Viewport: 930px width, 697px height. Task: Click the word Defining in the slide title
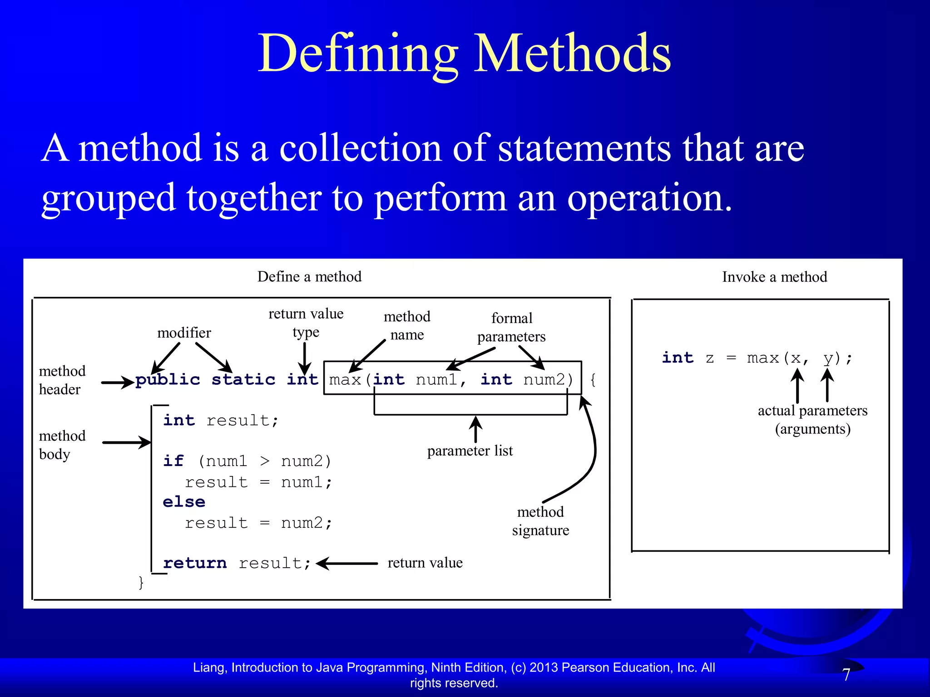click(358, 54)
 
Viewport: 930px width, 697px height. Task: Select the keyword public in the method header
click(168, 379)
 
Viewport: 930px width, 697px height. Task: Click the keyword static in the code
click(243, 379)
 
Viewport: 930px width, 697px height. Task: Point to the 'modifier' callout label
click(184, 333)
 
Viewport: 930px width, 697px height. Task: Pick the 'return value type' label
click(306, 323)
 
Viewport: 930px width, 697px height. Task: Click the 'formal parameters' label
click(511, 327)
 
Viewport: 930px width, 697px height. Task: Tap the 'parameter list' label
click(470, 451)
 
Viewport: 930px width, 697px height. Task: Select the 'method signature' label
click(540, 521)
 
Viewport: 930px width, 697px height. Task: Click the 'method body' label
click(62, 445)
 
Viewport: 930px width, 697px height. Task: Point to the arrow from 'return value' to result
click(347, 564)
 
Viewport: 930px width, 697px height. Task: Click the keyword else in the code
click(184, 502)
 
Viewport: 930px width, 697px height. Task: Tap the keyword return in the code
click(195, 563)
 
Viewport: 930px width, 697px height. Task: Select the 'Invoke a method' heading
click(774, 277)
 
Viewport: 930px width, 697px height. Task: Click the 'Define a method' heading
click(309, 276)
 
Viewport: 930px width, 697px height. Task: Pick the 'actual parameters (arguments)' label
click(812, 419)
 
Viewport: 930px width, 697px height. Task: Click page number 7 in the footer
click(846, 675)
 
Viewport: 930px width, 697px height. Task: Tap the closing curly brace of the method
click(141, 582)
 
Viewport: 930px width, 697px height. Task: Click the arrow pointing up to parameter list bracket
click(475, 429)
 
